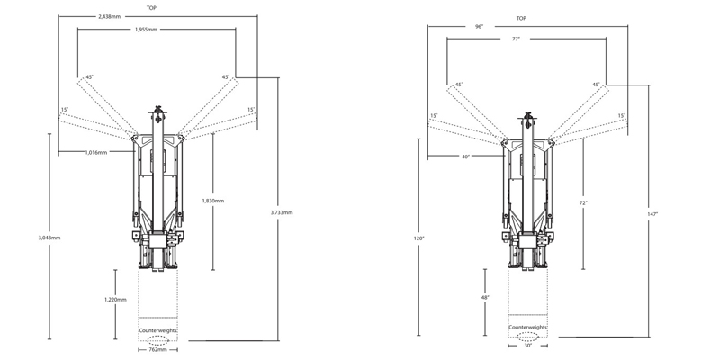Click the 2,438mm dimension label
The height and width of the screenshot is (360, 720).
(110, 16)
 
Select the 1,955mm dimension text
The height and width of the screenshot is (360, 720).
(146, 30)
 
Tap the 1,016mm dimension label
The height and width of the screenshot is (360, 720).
(96, 152)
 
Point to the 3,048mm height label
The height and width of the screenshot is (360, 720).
(49, 238)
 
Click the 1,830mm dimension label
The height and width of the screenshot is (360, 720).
(213, 201)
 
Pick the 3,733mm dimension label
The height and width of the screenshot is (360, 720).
(282, 212)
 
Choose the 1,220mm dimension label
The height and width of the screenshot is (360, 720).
(115, 300)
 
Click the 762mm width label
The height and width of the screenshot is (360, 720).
(158, 350)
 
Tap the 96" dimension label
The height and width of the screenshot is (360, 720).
(480, 27)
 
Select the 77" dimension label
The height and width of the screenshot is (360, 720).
(516, 39)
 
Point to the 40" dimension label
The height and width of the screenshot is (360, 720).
(466, 157)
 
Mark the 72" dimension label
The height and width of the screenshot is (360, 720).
(583, 202)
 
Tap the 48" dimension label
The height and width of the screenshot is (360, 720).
(485, 298)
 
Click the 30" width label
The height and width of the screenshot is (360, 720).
(527, 346)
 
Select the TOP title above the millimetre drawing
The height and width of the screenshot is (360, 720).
(151, 8)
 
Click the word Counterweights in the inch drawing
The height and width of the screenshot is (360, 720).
(527, 328)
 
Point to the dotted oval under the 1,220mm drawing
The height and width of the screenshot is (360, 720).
(158, 340)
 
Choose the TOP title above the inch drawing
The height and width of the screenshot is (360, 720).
(521, 18)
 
